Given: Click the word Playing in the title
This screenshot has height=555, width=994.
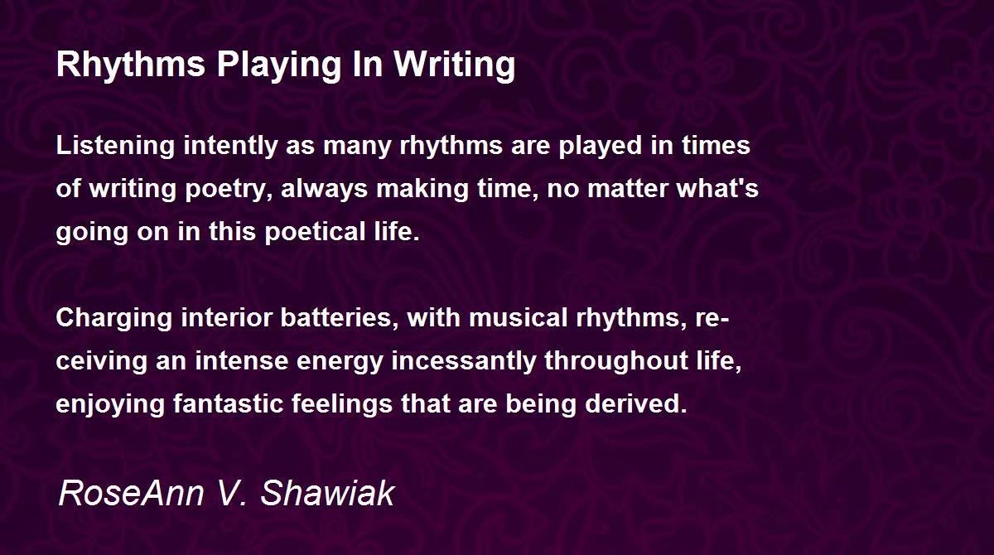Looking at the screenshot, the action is click(278, 65).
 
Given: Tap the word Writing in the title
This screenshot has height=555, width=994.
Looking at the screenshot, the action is click(455, 65).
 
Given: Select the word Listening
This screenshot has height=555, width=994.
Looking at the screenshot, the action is click(115, 147).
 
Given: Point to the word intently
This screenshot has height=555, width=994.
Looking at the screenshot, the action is click(230, 147).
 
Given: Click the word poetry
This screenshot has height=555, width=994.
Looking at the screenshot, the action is click(229, 190).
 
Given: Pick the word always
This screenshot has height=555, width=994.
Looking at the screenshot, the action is click(325, 190).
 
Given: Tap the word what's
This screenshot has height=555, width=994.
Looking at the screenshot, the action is click(717, 188).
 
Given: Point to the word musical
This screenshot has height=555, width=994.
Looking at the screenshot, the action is click(518, 318).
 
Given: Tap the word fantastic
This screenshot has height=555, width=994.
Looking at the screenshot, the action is click(228, 403).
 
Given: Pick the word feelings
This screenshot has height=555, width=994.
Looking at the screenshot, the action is click(341, 404).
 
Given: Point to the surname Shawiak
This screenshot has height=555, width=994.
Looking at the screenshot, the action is click(327, 492).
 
